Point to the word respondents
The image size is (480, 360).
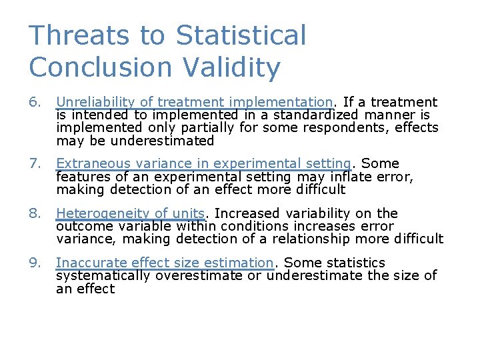click(357, 127)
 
